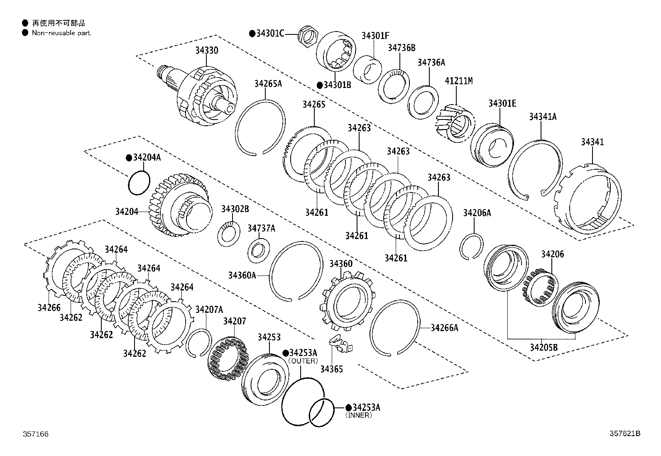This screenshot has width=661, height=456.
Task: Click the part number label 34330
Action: point(207,51)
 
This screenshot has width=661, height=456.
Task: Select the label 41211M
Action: point(458,81)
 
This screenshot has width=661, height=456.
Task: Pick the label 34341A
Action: point(542,117)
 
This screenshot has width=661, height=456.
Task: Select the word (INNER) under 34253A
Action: point(358,415)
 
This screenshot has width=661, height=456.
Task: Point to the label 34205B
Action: point(543,347)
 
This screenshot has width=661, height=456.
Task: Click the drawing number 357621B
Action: point(624,434)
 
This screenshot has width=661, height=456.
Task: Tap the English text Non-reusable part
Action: point(61,33)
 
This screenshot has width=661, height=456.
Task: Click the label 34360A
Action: point(242,275)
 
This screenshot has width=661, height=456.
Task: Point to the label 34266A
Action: point(444,328)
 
